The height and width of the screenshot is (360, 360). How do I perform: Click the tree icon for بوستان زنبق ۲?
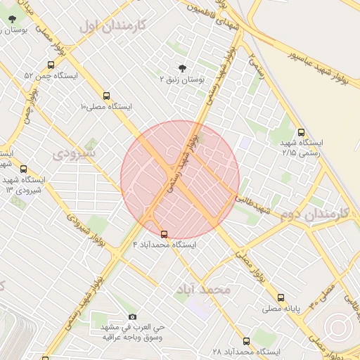click(x=183, y=68)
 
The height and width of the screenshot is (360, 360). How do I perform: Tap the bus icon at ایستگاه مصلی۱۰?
click(x=107, y=95)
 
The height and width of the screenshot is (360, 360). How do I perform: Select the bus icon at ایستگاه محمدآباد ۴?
click(x=165, y=233)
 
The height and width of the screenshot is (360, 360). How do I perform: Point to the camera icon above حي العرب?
click(x=132, y=317)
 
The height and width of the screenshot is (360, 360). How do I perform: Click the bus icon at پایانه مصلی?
click(x=281, y=297)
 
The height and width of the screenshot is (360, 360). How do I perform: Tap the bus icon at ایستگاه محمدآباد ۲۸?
click(x=246, y=341)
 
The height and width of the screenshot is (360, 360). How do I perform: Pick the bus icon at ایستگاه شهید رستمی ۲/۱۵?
click(x=302, y=131)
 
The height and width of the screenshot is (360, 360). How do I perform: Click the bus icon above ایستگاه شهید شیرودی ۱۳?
click(x=23, y=169)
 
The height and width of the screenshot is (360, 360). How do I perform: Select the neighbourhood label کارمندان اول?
click(x=112, y=26)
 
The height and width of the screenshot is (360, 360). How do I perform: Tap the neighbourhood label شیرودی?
click(x=75, y=151)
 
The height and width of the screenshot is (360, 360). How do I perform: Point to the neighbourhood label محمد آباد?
click(x=205, y=290)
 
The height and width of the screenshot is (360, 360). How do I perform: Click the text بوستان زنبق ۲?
click(x=182, y=80)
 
